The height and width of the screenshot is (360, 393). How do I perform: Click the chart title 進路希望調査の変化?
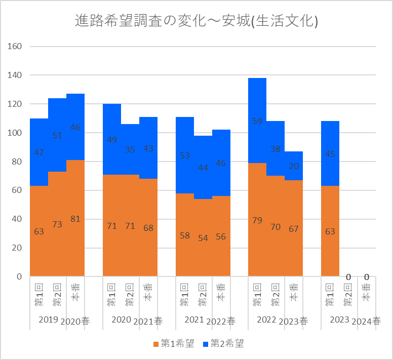(x=196, y=21)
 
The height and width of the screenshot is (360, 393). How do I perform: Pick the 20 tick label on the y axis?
(x=16, y=248)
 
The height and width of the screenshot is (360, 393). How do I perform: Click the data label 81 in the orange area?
(x=75, y=219)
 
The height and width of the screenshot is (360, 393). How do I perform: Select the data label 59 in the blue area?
(x=257, y=121)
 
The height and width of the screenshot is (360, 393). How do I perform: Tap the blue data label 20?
(x=294, y=166)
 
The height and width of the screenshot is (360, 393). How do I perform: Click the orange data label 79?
(x=257, y=220)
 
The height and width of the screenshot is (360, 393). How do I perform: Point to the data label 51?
(x=57, y=135)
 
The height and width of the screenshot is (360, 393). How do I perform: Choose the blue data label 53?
(x=185, y=155)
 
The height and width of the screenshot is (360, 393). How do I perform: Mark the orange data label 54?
(x=203, y=238)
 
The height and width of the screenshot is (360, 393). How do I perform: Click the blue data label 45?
(x=330, y=154)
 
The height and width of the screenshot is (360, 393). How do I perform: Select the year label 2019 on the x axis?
(x=48, y=320)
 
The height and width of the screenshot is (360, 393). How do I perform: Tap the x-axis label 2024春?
(x=366, y=321)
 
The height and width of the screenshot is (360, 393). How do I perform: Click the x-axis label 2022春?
(x=221, y=321)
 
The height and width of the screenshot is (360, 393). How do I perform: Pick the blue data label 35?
(x=130, y=149)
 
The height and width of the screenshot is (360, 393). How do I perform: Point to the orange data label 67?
(x=294, y=228)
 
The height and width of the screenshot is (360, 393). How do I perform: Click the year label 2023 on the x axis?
(x=339, y=320)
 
